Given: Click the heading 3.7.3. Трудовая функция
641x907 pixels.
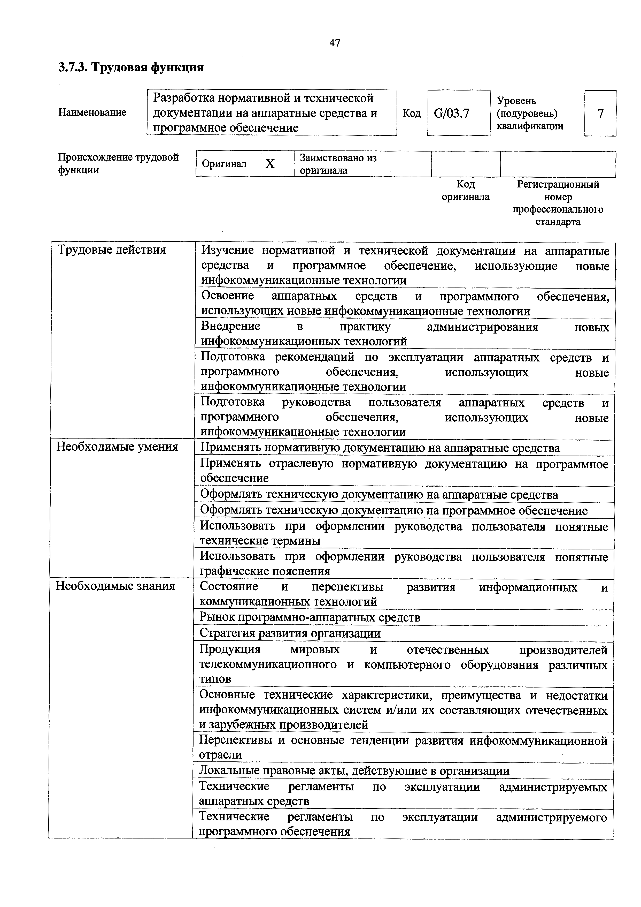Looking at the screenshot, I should (131, 67).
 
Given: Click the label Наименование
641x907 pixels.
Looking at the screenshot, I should (92, 112).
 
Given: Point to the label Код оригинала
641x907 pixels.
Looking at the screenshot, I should (465, 190).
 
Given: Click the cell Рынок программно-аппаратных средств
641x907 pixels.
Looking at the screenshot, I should (310, 617).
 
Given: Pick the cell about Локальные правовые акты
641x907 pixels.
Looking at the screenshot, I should (354, 771).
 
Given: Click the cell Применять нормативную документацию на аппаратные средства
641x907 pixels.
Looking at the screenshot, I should (380, 448).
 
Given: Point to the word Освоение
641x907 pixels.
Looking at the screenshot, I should (228, 296).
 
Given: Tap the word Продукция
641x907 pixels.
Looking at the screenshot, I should (230, 649).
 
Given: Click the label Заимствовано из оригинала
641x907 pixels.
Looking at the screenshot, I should (338, 164).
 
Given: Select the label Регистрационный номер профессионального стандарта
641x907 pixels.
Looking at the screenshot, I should (558, 203).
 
